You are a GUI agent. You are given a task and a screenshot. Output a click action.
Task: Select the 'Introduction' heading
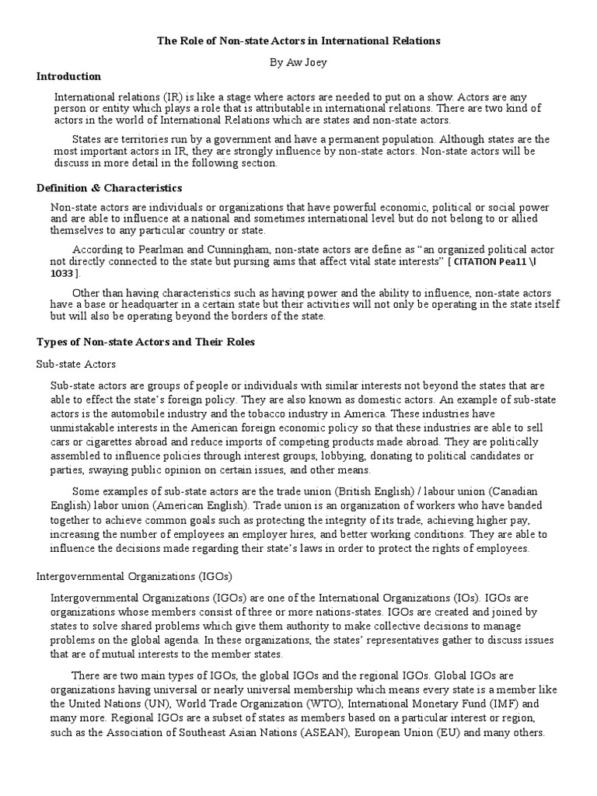[69, 76]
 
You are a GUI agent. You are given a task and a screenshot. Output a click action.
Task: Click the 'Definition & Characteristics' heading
[110, 188]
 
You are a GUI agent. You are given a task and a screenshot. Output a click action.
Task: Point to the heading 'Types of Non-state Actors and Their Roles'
[146, 342]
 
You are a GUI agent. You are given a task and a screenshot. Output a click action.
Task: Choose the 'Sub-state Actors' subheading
[77, 364]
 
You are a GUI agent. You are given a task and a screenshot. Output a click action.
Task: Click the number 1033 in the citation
[61, 274]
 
